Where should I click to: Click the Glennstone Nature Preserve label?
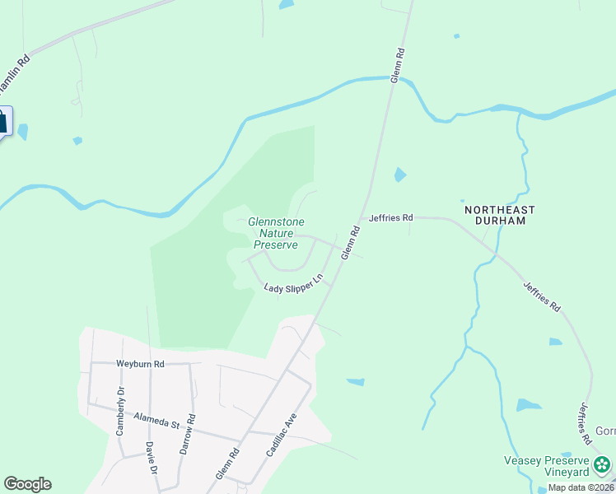[x=275, y=233]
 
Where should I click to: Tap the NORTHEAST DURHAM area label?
[x=500, y=215]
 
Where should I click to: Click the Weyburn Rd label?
[x=140, y=363]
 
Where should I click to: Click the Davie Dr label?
[x=151, y=458]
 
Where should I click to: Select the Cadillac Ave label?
[x=281, y=435]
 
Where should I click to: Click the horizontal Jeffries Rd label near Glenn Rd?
[x=390, y=218]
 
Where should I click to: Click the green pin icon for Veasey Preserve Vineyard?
[x=602, y=466]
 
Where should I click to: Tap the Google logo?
[x=27, y=484]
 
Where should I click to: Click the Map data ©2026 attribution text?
[x=581, y=487]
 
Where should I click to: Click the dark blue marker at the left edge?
[x=3, y=122]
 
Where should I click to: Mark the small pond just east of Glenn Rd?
[x=399, y=175]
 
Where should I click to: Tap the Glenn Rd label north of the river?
[x=398, y=63]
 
